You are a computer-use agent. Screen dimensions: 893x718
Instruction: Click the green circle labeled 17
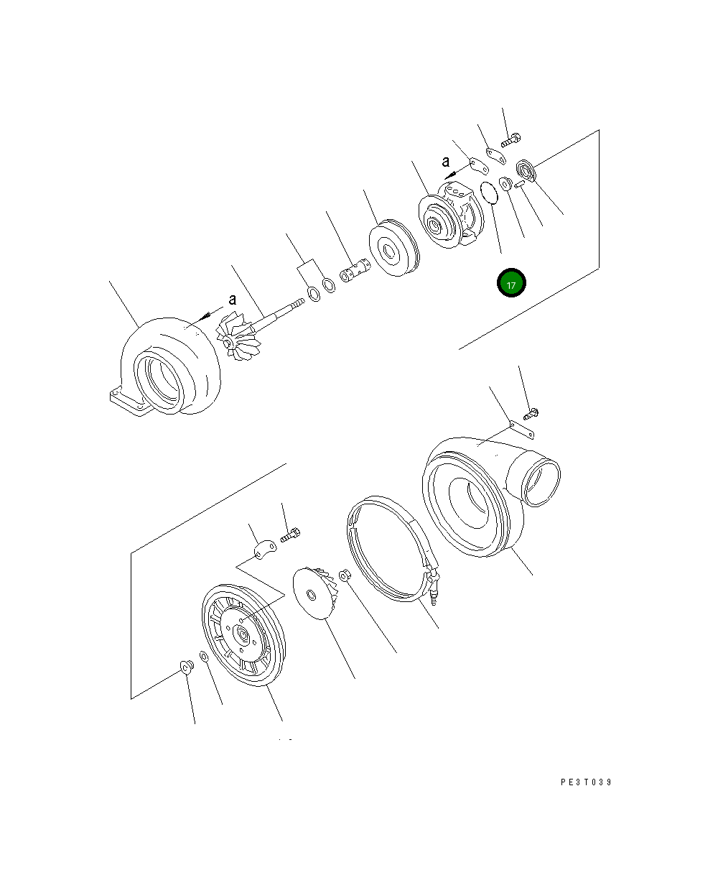click(510, 284)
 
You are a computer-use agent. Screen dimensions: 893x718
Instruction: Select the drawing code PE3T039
click(586, 782)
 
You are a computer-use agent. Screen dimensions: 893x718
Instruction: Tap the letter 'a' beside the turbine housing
click(232, 300)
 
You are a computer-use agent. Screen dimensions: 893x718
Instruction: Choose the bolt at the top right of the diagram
click(510, 140)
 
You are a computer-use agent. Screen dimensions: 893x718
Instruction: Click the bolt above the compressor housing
click(531, 413)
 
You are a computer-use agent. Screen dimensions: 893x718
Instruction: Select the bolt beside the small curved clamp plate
click(290, 535)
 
